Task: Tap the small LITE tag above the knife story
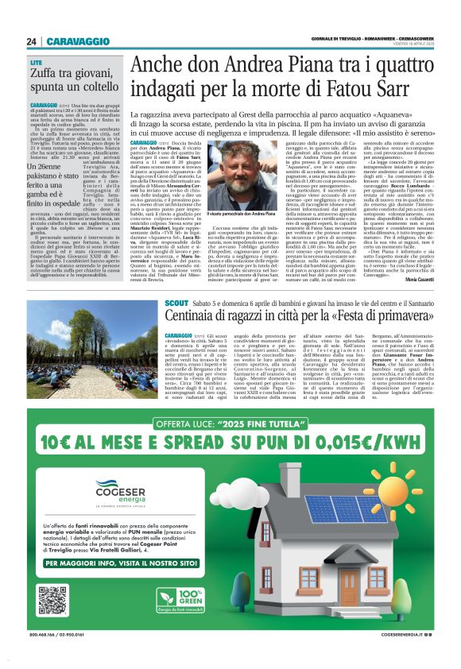pos(37,62)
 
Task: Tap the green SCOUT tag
pos(176,304)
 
